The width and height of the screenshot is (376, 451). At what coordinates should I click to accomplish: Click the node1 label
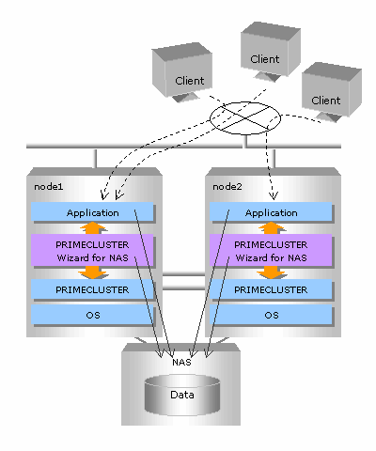coord(49,187)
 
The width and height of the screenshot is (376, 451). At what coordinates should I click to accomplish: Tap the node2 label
coord(227,187)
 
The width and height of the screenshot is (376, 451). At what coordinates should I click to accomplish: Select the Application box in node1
coord(92,212)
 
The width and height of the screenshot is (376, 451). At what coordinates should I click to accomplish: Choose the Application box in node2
coord(271,212)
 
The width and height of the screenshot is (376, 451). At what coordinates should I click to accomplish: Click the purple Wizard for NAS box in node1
coord(92,251)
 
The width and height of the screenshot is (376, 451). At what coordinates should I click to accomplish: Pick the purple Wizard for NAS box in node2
coord(271,251)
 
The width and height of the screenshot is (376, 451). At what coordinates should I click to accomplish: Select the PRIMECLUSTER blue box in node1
coord(92,289)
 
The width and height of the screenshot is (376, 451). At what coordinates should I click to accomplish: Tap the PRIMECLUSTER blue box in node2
coord(271,289)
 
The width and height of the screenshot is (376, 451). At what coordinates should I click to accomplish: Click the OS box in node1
coord(92,315)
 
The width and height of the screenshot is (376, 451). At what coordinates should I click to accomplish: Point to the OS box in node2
coord(271,315)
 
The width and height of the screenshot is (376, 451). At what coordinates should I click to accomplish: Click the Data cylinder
coord(182,396)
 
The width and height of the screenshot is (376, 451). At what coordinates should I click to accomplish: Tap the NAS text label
coord(181,363)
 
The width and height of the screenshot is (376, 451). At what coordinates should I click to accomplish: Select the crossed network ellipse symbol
coord(245,118)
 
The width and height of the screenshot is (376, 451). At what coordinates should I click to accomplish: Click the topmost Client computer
coord(271,52)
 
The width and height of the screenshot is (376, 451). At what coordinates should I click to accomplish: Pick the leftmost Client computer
coord(182,72)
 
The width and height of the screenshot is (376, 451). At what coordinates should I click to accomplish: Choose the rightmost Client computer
coord(332,92)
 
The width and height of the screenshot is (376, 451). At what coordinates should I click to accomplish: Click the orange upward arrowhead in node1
coord(92,226)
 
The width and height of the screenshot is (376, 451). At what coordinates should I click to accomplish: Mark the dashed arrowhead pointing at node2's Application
coord(274,195)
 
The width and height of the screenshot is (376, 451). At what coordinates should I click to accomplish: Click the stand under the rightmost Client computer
coord(330,117)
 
